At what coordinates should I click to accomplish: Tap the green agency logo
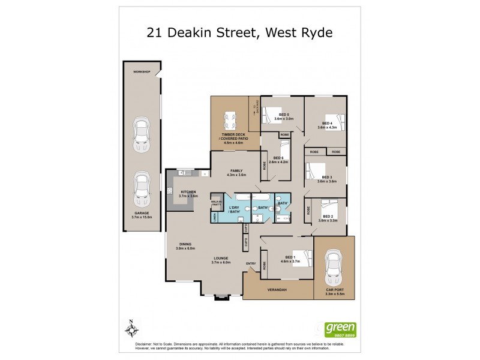pos(340,329)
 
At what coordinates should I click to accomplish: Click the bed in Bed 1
pos(303,259)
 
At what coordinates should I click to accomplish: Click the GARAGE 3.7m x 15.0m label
pos(142,215)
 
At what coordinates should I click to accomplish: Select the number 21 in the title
pos(157,32)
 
